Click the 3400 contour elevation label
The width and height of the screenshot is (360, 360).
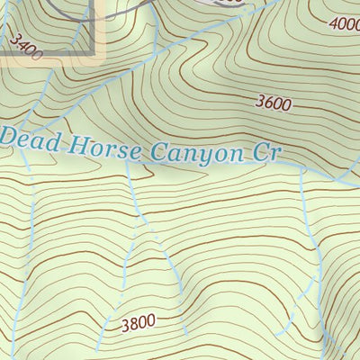click(27, 46)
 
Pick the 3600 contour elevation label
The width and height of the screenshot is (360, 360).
click(273, 103)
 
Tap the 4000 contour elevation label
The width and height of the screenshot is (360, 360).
click(346, 25)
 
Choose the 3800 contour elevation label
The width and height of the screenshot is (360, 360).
click(138, 321)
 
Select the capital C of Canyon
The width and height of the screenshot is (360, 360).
click(158, 151)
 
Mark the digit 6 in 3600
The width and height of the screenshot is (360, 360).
click(267, 103)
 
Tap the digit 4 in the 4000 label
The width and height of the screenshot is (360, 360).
click(334, 24)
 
